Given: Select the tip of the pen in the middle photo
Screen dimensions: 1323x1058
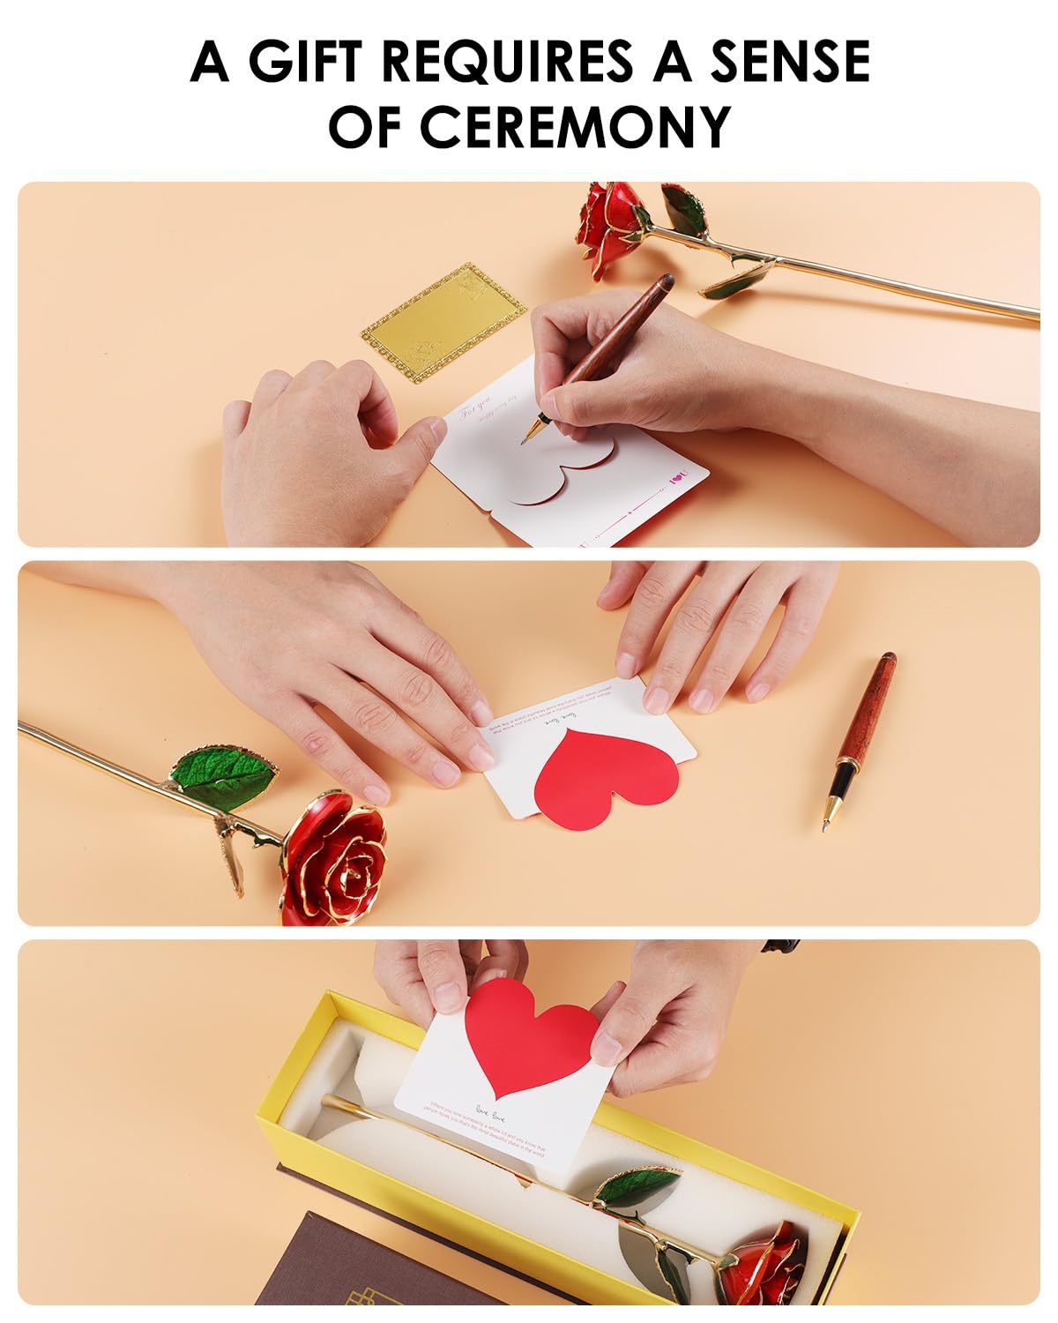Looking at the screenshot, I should pyautogui.click(x=824, y=827).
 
